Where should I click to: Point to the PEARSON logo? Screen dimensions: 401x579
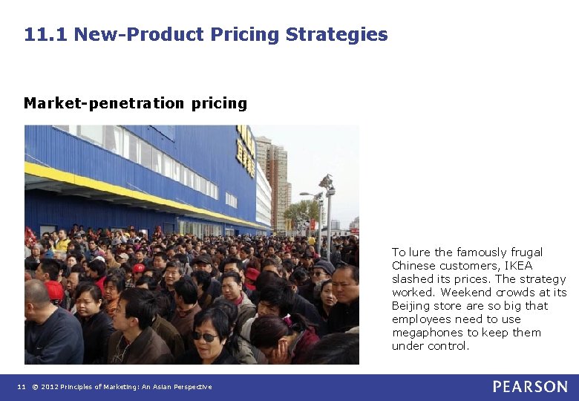(530, 387)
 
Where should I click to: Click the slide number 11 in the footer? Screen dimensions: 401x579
(22, 387)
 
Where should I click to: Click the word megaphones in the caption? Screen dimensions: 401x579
(425, 333)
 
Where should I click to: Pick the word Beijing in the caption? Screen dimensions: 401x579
(411, 306)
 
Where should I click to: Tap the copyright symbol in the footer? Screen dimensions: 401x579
(34, 387)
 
